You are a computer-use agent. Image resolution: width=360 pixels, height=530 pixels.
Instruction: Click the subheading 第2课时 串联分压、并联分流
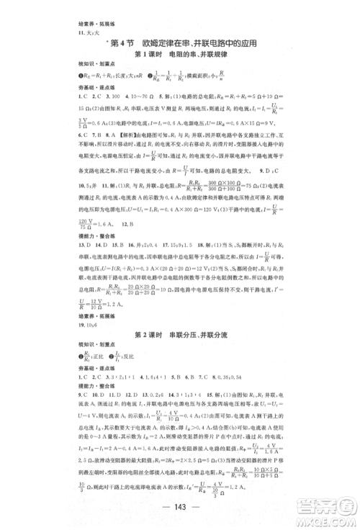point(180,317)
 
